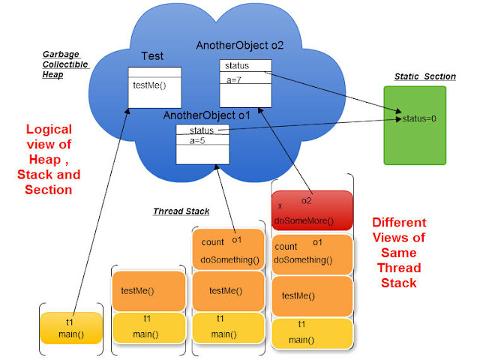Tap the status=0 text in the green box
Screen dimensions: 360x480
pyautogui.click(x=420, y=118)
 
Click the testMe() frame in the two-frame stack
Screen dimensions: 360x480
pyautogui.click(x=148, y=290)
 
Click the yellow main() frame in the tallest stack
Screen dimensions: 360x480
pyautogui.click(x=312, y=334)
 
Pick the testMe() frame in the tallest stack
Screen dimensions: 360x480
pyautogui.click(x=312, y=296)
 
